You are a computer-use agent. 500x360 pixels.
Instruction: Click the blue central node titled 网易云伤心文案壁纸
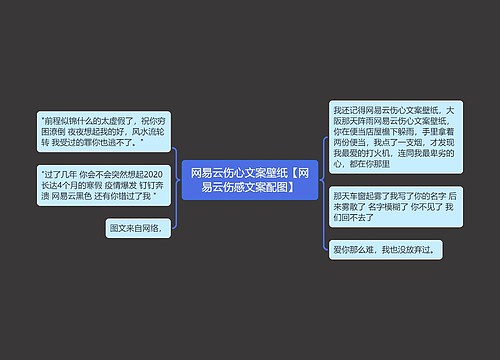coord(250,179)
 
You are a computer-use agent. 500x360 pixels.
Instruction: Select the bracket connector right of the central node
coord(326,181)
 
